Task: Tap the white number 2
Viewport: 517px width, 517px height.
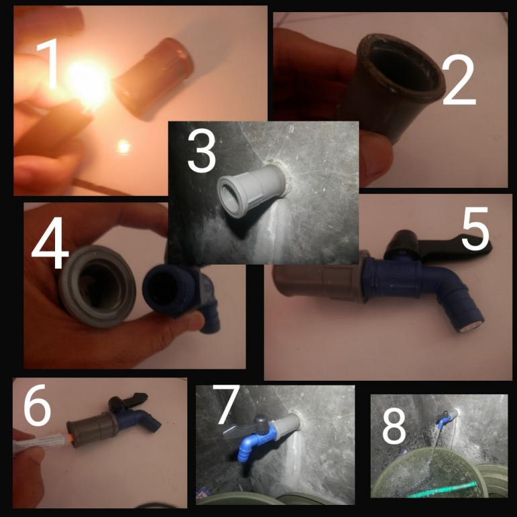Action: (x=459, y=80)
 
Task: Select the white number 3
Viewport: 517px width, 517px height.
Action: (x=201, y=150)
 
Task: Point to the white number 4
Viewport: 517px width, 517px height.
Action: (x=50, y=242)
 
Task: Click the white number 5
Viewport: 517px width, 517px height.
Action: (x=475, y=228)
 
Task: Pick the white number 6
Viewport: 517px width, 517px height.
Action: (x=37, y=405)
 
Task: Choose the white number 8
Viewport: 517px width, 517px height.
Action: (x=393, y=425)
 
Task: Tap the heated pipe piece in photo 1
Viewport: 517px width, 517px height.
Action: (x=153, y=78)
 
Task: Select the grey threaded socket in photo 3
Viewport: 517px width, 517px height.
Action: (x=251, y=185)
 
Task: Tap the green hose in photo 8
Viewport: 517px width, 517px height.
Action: (x=442, y=490)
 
